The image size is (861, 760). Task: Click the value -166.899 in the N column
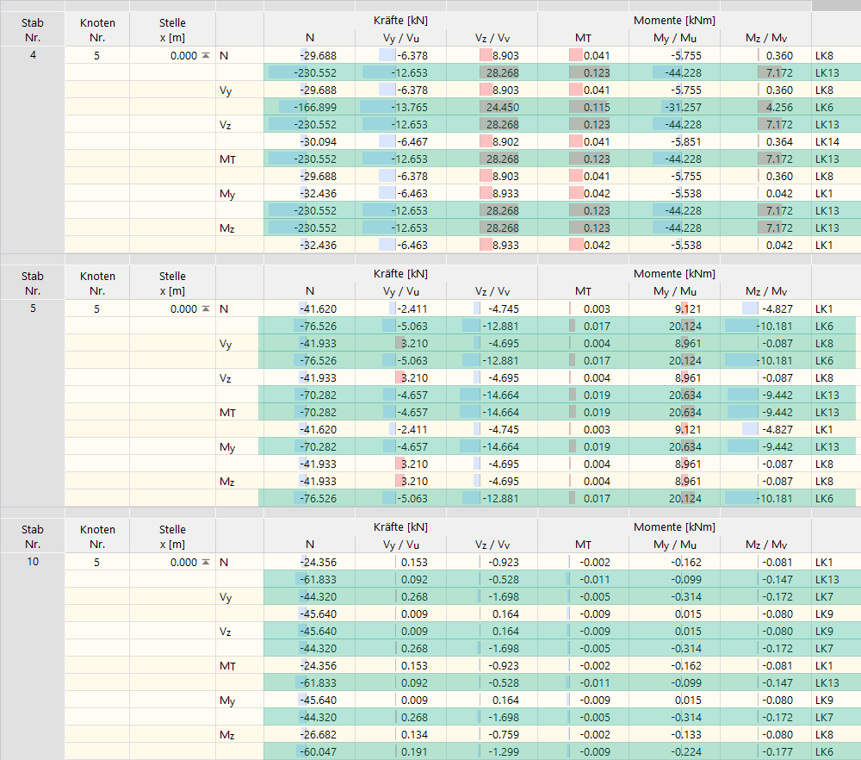315,107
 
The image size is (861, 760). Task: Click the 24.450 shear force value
500,107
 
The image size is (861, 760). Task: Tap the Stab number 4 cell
32,55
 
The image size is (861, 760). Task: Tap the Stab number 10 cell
32,562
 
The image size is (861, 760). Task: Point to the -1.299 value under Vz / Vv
501,751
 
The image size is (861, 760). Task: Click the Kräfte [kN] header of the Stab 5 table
400,273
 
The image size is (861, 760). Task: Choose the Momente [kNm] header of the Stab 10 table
674,526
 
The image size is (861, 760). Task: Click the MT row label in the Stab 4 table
227,159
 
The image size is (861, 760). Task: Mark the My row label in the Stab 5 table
227,446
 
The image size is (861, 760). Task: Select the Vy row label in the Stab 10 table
227,596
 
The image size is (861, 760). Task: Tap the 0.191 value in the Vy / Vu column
413,751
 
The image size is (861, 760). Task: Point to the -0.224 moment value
684,751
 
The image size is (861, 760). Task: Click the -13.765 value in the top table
408,107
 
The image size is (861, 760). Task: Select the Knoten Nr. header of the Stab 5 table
96,282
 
